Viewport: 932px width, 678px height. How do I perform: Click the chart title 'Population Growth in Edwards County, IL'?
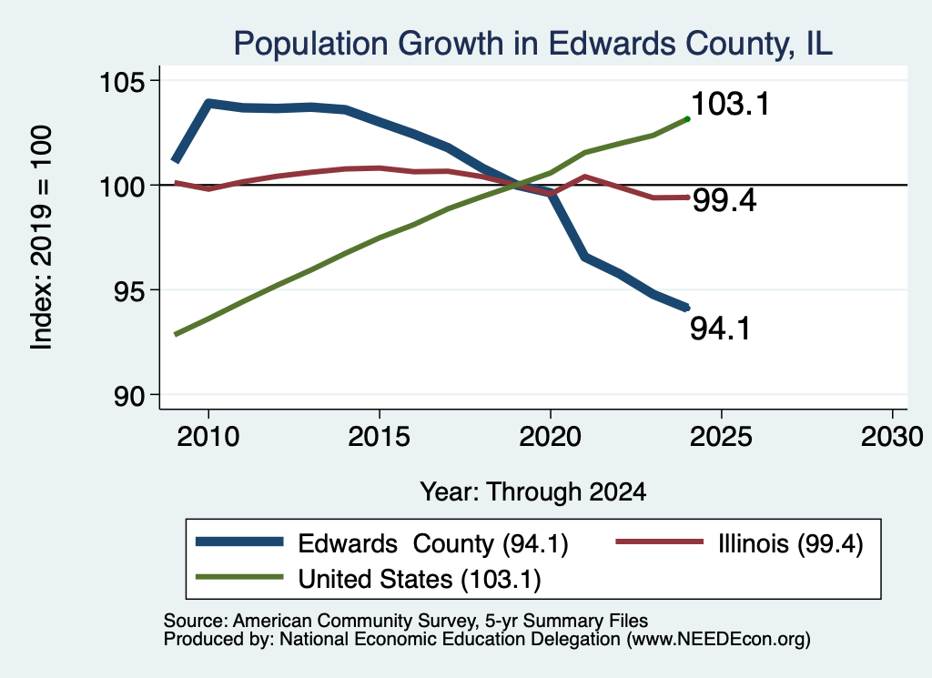(532, 44)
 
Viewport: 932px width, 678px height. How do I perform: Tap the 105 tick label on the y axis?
(122, 81)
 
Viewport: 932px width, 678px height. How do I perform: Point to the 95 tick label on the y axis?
(129, 290)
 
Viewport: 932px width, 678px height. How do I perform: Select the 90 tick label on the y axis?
(129, 396)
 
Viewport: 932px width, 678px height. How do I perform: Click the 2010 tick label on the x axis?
(208, 437)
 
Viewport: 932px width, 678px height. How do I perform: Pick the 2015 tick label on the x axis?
(380, 437)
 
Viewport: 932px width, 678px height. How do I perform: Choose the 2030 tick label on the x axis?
(892, 437)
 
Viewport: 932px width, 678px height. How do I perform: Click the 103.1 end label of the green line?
(731, 104)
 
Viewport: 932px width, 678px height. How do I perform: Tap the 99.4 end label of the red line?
(724, 199)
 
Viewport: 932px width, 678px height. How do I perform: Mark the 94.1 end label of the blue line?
(720, 328)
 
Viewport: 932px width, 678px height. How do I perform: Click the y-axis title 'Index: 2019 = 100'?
(41, 238)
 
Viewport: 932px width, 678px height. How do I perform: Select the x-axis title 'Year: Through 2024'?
(533, 492)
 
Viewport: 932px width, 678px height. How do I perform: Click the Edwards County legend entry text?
(432, 543)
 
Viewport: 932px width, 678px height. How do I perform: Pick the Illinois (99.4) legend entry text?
(791, 543)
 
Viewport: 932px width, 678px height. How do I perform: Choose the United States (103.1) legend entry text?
(420, 580)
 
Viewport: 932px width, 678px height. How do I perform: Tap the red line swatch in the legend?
(659, 541)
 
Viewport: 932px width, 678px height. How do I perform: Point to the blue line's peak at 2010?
(208, 103)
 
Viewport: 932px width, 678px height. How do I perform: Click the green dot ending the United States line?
(688, 119)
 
